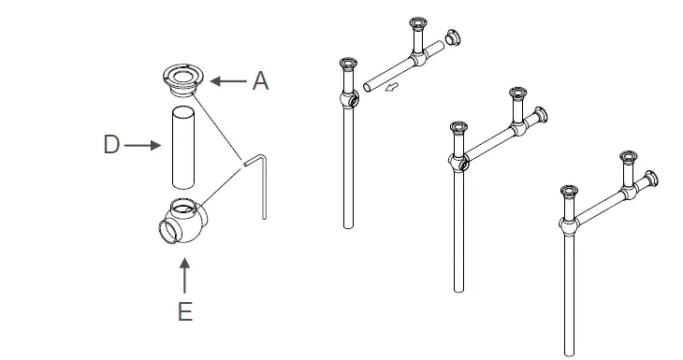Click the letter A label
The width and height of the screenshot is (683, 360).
(x=260, y=81)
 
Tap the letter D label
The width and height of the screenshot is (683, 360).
(x=111, y=145)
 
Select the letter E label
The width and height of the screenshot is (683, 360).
(x=185, y=311)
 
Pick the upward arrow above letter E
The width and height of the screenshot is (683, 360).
(x=185, y=278)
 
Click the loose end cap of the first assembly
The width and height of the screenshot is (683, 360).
(x=454, y=39)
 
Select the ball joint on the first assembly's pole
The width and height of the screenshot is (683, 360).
(x=348, y=99)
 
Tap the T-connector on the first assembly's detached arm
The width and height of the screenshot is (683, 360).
(x=418, y=59)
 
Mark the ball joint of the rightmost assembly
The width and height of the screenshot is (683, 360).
(x=568, y=225)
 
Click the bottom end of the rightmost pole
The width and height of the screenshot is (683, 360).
(x=569, y=350)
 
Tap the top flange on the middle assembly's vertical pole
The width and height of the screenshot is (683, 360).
(x=458, y=128)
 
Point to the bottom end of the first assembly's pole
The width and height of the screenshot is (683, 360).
(x=349, y=224)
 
